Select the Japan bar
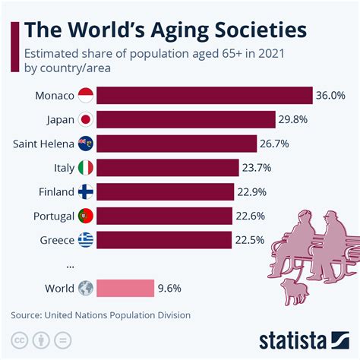click(186, 119)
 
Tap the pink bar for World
click(125, 288)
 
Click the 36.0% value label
click(331, 95)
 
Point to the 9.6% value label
click(170, 288)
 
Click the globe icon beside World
click(85, 288)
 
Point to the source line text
click(100, 314)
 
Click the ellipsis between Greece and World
click(70, 265)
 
